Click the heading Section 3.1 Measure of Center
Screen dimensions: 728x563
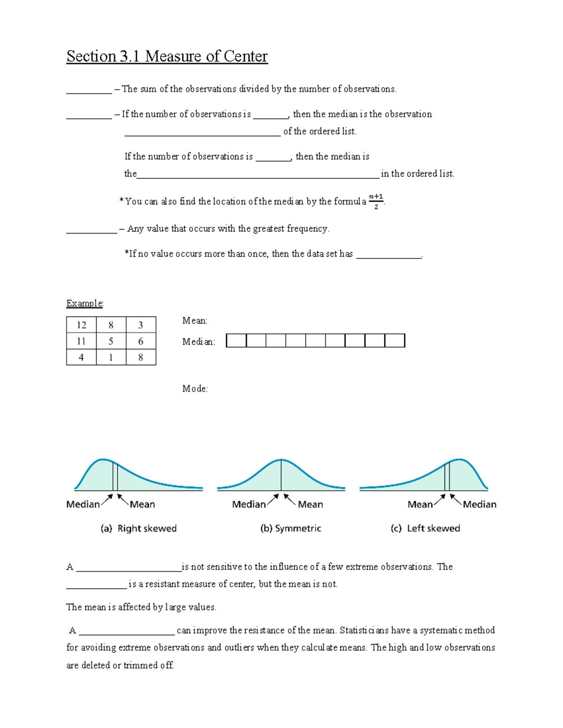(167, 56)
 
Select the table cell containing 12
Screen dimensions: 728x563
(81, 325)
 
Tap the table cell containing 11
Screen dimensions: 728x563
(81, 341)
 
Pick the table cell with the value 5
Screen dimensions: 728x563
(111, 341)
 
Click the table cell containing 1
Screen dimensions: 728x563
(111, 357)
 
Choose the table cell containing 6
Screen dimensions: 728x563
(141, 341)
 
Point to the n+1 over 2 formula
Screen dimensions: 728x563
(376, 201)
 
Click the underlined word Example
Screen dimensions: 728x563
(84, 303)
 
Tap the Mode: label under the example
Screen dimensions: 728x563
(195, 389)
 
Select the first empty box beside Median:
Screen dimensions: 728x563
(236, 340)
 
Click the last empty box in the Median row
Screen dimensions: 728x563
(395, 340)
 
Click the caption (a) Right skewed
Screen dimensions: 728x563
(138, 528)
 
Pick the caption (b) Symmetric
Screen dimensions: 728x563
(290, 528)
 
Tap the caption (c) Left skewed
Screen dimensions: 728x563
(425, 528)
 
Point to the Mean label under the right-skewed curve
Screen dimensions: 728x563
(142, 504)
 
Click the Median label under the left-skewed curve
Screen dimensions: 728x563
(479, 504)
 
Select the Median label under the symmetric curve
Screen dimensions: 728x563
(249, 504)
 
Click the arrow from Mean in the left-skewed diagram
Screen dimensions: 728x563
(439, 500)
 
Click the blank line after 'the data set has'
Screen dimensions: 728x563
(389, 256)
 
